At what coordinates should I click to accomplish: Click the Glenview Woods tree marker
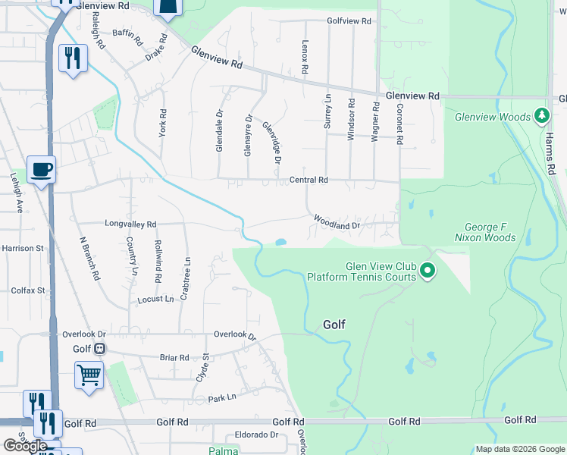[x=541, y=116]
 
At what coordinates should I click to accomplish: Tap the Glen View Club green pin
[x=428, y=270]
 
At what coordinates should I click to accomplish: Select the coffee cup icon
[x=42, y=168]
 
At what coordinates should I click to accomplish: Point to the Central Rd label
[x=309, y=180]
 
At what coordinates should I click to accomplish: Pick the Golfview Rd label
[x=349, y=21]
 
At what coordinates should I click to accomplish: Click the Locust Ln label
[x=155, y=300]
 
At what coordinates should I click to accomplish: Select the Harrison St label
[x=23, y=248]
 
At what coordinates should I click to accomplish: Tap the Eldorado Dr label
[x=257, y=435]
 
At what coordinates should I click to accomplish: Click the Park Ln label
[x=222, y=397]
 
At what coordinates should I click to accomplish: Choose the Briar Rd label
[x=174, y=357]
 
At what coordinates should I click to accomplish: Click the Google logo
[x=25, y=446]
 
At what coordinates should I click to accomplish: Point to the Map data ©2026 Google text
[x=519, y=449]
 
